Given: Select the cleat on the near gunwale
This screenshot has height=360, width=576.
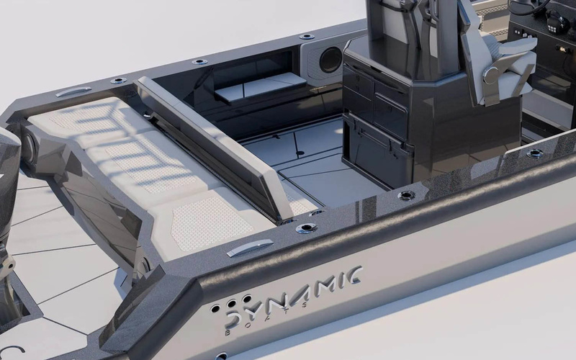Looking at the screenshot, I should [x=249, y=248].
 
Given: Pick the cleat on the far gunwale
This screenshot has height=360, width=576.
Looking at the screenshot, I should [x=73, y=91].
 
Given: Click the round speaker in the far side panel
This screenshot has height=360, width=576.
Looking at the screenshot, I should [x=330, y=60].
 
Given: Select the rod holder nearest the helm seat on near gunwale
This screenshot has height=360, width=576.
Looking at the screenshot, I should [x=407, y=195].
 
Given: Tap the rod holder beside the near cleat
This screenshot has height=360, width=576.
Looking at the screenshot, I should [x=306, y=228].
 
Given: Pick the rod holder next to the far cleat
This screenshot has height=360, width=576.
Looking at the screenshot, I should [x=118, y=80].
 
